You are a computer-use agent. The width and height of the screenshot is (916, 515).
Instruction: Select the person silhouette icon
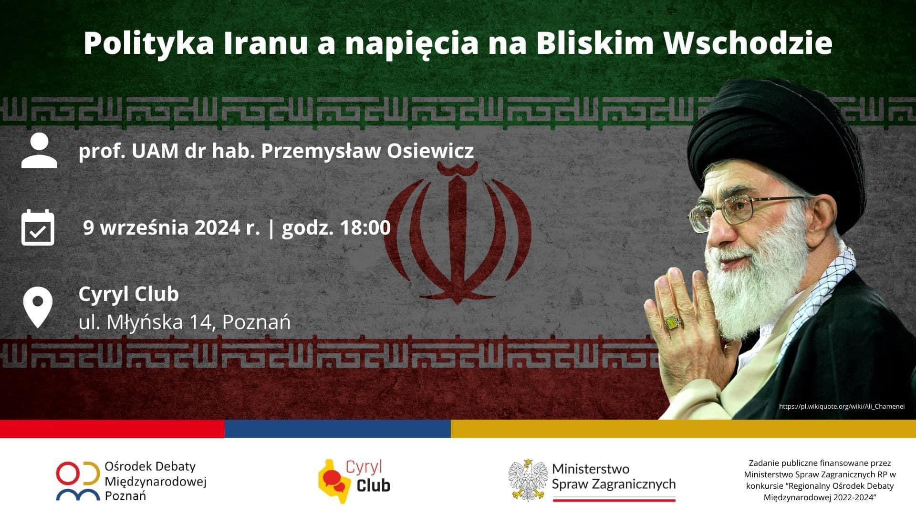click(39, 150)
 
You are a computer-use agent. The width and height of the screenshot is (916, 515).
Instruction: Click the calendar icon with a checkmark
click(38, 227)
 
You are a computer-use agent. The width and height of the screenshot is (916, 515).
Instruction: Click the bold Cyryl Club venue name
click(129, 294)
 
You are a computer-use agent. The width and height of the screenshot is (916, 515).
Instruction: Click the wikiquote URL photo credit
click(842, 407)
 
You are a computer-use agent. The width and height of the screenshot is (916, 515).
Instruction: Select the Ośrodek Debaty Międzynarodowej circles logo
click(80, 481)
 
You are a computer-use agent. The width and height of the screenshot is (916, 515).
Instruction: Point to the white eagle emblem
click(527, 480)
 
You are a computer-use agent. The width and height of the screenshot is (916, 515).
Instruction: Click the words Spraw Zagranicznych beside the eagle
click(614, 484)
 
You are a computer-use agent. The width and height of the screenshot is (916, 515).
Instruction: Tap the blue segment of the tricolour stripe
click(338, 429)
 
